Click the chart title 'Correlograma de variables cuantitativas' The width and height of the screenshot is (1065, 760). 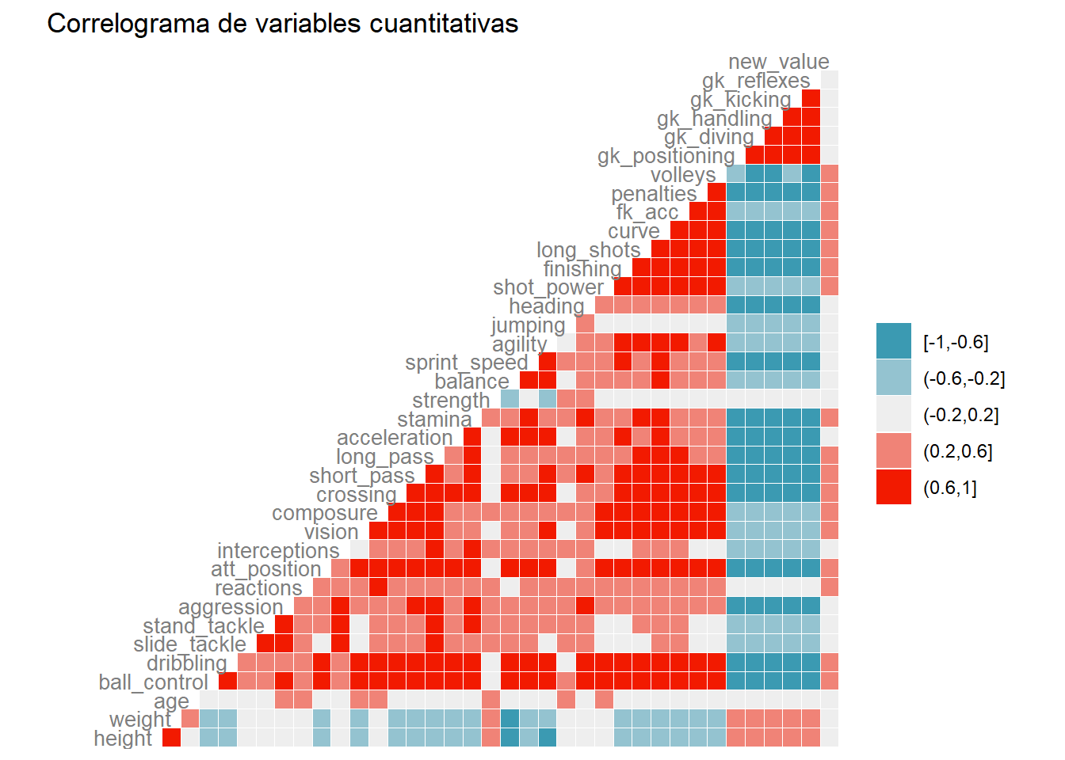(x=282, y=24)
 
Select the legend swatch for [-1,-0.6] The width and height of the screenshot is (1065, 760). (x=893, y=341)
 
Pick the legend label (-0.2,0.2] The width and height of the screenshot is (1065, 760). (x=961, y=415)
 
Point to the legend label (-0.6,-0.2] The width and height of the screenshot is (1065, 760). (x=964, y=378)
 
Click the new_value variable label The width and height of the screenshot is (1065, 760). (x=778, y=62)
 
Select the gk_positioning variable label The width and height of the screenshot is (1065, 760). (x=666, y=156)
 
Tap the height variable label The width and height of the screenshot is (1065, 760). (x=123, y=738)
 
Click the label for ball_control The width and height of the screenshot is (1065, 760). (x=153, y=682)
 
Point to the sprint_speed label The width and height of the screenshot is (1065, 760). (x=466, y=363)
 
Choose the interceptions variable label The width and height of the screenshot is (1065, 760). (x=278, y=550)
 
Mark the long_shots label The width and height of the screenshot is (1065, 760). (x=588, y=250)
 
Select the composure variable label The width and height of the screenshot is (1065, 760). (x=325, y=513)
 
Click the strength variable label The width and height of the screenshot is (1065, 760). (x=451, y=401)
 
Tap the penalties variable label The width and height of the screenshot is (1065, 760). (x=654, y=194)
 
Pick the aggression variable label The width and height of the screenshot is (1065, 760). (x=231, y=607)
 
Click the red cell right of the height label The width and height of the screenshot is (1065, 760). (x=172, y=738)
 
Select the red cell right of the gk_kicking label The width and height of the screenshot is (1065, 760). (x=811, y=99)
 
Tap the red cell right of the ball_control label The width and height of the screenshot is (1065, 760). (x=228, y=681)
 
